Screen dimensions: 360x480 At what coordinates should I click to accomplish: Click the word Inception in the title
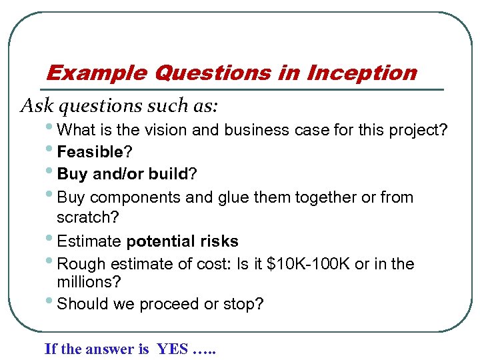(361, 73)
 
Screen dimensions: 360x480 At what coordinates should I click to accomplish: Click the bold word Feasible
(86, 153)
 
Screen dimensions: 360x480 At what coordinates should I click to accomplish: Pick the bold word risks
(217, 241)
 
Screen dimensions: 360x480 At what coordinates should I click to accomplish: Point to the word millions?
(89, 283)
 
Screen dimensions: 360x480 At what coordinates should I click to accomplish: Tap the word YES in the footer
(172, 349)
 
